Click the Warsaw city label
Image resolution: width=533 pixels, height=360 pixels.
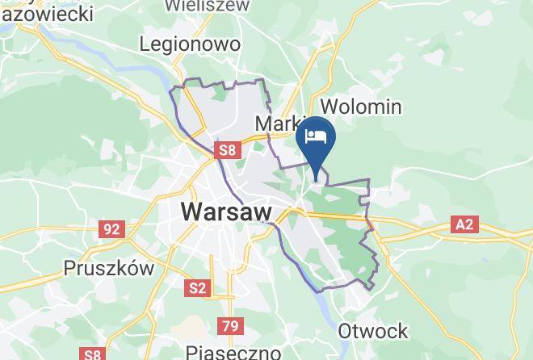(228, 212)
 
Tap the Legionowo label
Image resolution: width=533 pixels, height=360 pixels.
(190, 44)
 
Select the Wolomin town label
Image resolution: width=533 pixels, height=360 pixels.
(361, 106)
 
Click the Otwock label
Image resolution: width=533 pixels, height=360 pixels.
(373, 331)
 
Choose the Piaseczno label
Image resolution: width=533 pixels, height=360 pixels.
(233, 352)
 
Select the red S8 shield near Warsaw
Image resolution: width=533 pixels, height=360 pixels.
(227, 149)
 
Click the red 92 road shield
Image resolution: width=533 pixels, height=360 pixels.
(111, 229)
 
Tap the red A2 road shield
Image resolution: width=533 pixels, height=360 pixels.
(464, 224)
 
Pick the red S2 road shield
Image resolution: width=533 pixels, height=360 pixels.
(197, 287)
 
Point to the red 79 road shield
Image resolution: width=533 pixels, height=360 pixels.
(229, 326)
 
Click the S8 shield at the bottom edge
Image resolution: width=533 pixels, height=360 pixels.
(93, 354)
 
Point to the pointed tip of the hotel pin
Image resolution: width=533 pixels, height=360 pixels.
(316, 171)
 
